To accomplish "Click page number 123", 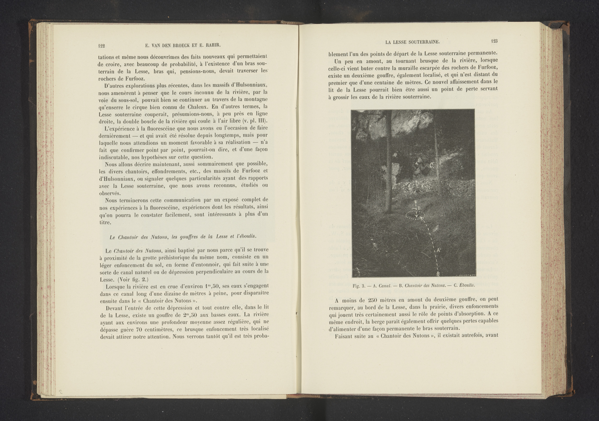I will tap(494, 41).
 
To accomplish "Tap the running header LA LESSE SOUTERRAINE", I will tap(412, 41).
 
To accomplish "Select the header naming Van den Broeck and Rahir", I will tap(183, 45).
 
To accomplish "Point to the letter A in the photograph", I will tap(438, 250).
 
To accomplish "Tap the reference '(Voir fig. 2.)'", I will tap(133, 279).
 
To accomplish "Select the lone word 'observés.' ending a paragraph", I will tap(110, 193).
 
